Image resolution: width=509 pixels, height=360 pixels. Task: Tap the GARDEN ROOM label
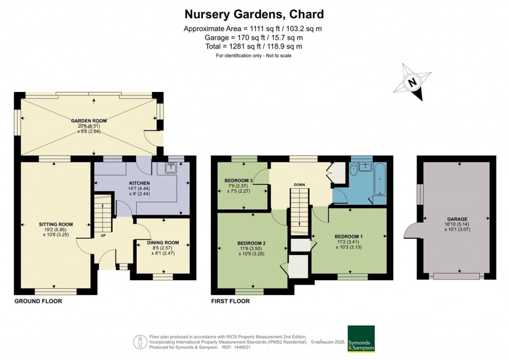[89, 121]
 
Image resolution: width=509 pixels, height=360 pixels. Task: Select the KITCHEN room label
[139, 181]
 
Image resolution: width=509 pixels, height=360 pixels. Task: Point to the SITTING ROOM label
[56, 224]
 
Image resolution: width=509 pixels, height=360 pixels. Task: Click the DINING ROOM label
[162, 242]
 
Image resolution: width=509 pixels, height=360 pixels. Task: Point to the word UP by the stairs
[104, 235]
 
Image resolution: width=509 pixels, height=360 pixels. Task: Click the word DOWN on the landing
[299, 185]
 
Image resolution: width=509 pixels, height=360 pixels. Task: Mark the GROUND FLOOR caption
[38, 301]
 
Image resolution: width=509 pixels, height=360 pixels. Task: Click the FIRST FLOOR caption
[231, 301]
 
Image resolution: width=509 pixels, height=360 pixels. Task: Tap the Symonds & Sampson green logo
[360, 339]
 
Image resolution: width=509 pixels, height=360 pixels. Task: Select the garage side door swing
[411, 230]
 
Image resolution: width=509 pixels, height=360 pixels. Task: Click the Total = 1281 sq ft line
[254, 46]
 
